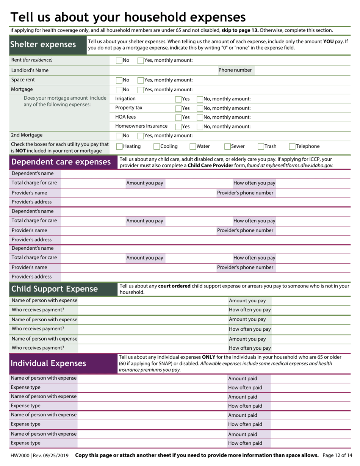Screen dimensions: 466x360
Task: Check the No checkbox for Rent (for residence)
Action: coord(119,60)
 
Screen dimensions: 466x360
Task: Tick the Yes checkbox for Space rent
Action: coord(140,80)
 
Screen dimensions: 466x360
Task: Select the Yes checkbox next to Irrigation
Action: coord(178,99)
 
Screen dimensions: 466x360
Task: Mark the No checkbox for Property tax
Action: coord(200,108)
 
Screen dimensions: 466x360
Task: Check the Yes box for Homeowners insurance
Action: coord(178,127)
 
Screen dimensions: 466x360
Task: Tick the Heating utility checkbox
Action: coord(119,147)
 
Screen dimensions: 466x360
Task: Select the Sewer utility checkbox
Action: coord(228,147)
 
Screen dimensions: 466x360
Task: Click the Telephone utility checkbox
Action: coord(292,147)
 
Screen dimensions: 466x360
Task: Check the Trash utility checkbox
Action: coord(261,147)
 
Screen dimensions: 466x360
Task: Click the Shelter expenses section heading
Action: coord(43,45)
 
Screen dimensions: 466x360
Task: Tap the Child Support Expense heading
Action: coord(55,289)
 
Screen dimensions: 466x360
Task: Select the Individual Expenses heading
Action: coord(49,364)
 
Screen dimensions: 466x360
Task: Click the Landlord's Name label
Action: coord(30,70)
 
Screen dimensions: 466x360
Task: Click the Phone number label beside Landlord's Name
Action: coord(235,70)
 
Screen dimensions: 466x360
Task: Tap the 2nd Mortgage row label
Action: coord(27,135)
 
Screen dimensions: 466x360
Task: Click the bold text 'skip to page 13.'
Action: coord(240,30)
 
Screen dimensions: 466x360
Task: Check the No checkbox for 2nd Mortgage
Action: coord(119,136)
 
